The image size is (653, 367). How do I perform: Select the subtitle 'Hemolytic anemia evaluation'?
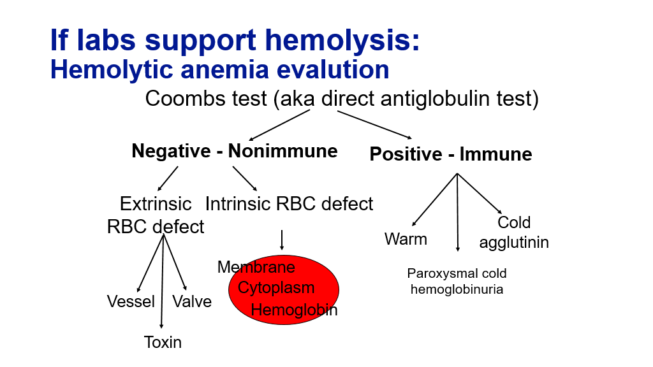(219, 69)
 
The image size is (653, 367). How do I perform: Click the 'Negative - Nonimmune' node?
(235, 151)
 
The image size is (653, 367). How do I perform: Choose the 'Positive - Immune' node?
(451, 154)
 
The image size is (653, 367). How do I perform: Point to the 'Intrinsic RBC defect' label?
(289, 204)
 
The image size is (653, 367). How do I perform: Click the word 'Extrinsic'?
(156, 204)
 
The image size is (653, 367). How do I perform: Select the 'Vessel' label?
(131, 301)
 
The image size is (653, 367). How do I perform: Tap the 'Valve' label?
(192, 301)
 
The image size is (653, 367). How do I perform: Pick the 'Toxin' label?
(163, 342)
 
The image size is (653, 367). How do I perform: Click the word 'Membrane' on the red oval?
(256, 267)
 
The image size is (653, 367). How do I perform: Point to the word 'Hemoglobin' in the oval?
(294, 310)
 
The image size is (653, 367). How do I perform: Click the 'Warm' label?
(406, 239)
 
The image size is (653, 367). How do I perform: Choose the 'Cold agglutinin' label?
(514, 233)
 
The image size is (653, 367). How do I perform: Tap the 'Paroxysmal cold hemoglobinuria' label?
(457, 281)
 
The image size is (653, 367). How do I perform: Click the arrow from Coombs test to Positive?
(374, 124)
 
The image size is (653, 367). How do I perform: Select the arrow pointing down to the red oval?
(281, 240)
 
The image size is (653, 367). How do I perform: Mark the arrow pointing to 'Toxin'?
(163, 280)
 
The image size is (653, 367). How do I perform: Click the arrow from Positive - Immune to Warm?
(436, 199)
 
